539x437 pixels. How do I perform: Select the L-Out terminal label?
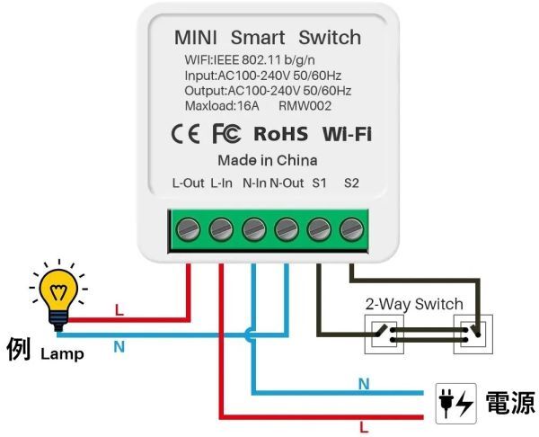pos(189,184)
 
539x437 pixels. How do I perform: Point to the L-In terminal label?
pos(222,184)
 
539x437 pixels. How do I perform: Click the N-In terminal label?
pos(254,184)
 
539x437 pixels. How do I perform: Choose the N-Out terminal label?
pos(287,184)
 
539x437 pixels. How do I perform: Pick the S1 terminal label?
pos(319,184)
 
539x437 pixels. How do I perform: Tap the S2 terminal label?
pos(351,184)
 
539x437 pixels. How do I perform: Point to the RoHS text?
pos(280,135)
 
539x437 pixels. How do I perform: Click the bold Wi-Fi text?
pos(347,135)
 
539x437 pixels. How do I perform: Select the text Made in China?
pos(268,161)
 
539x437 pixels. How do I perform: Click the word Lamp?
pos(61,354)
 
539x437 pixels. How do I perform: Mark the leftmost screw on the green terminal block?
pos(190,230)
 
